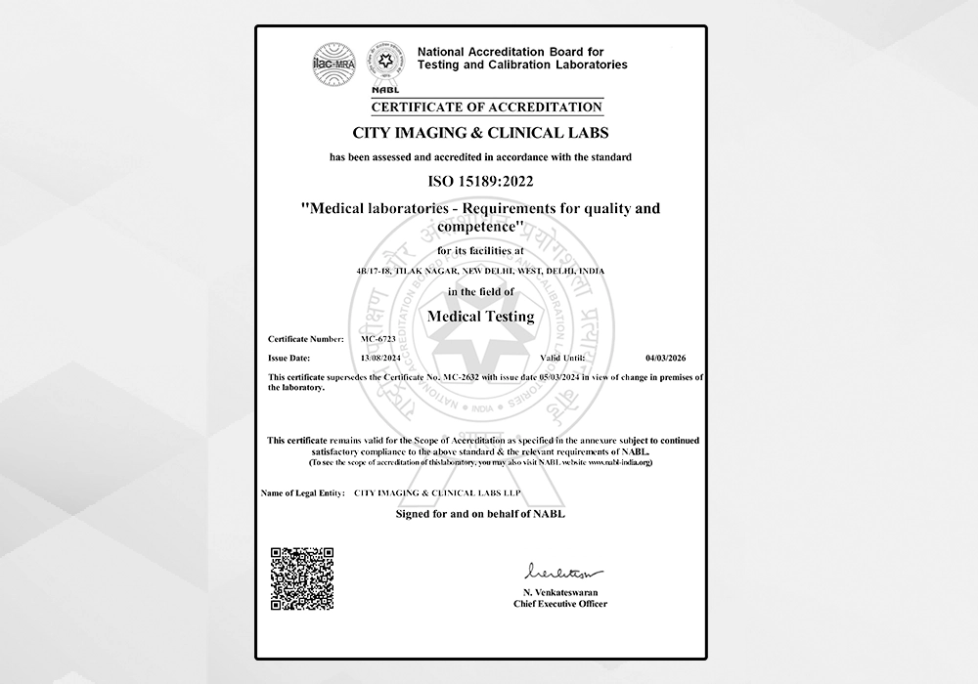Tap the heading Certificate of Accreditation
point(486,107)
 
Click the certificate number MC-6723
point(378,338)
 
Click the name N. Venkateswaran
point(560,593)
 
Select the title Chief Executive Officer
point(560,604)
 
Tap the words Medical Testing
point(481,316)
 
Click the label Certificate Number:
point(305,338)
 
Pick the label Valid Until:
point(549,359)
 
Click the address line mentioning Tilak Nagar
point(481,271)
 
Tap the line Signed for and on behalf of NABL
point(480,513)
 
